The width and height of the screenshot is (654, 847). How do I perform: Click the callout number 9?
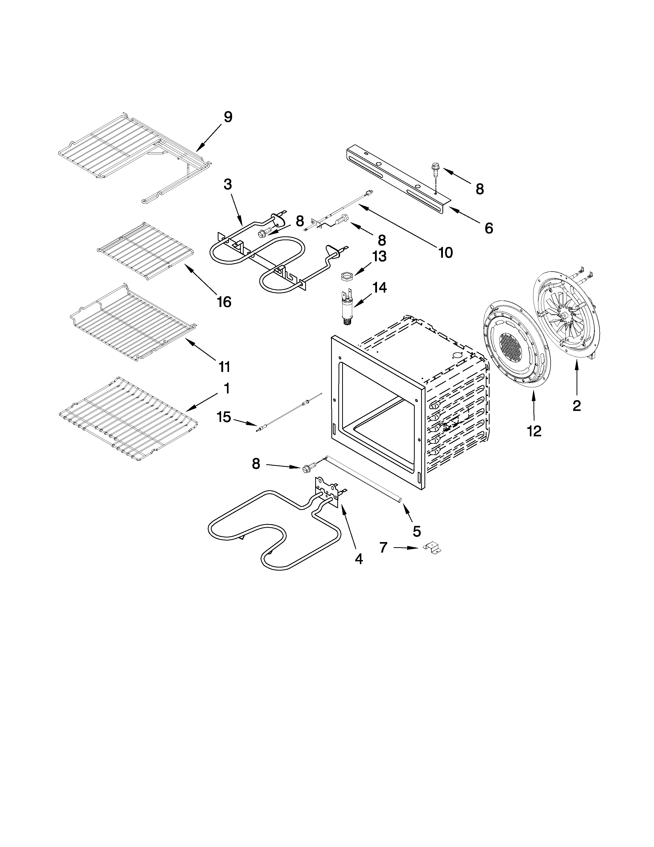tap(228, 117)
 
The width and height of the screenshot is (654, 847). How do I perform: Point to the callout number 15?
tap(224, 417)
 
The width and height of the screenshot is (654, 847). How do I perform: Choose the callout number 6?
tap(489, 228)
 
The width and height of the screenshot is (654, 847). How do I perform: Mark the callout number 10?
tap(445, 253)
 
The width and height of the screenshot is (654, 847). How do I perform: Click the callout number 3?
tap(228, 184)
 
